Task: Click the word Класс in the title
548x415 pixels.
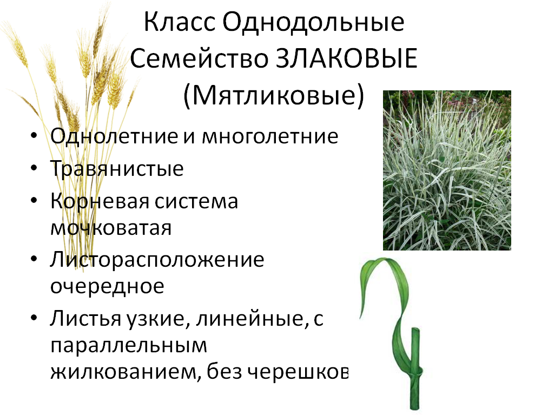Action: (x=179, y=22)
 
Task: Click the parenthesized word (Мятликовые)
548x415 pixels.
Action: (x=274, y=96)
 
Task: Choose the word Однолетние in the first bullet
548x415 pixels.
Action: (x=114, y=136)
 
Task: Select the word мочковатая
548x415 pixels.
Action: (x=111, y=228)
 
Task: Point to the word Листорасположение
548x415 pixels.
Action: (x=157, y=260)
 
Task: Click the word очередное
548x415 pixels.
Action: (x=107, y=287)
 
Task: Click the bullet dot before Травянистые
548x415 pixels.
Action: (x=34, y=168)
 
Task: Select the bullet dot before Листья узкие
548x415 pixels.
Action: (x=34, y=318)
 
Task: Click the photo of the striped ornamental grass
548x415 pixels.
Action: (x=447, y=170)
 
